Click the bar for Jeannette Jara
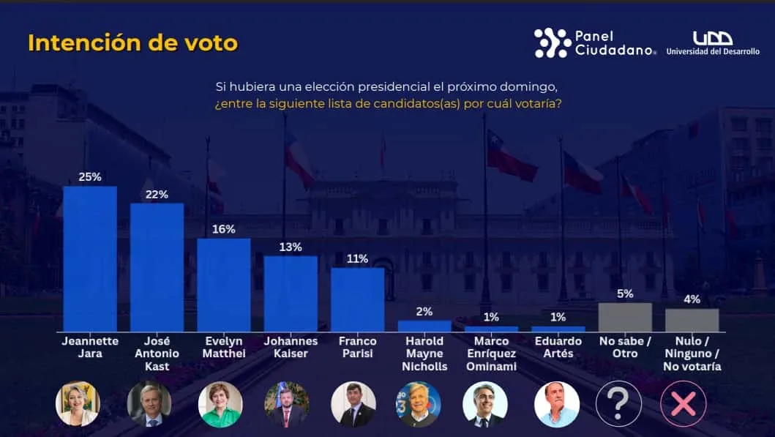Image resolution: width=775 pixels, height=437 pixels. coord(90,258)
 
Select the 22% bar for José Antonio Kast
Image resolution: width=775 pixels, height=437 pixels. coord(157,267)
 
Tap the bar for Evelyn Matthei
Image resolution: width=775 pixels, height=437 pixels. coord(224,285)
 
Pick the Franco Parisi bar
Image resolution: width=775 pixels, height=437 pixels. coord(358,299)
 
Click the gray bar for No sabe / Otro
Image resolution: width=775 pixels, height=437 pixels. coord(625,317)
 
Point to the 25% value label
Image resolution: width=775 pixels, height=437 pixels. coord(90,177)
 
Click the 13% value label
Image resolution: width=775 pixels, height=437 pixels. coord(291,247)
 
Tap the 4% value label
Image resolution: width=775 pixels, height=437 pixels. coord(692,299)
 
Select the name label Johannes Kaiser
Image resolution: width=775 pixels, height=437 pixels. coord(291,347)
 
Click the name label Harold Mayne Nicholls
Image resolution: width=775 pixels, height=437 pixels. coord(424,354)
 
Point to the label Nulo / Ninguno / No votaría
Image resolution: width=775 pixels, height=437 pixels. coord(692,354)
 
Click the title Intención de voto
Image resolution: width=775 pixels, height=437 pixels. coord(132,42)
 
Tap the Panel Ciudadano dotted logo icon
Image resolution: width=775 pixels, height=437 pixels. coord(552,43)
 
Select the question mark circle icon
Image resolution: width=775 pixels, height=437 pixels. coord(618,404)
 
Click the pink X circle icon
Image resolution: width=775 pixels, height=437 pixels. coord(684,404)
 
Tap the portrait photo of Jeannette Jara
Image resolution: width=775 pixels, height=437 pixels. coord(78,404)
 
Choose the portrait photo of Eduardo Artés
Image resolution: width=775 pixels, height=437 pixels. coord(557,404)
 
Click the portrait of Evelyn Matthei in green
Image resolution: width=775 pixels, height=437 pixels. coord(220,404)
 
